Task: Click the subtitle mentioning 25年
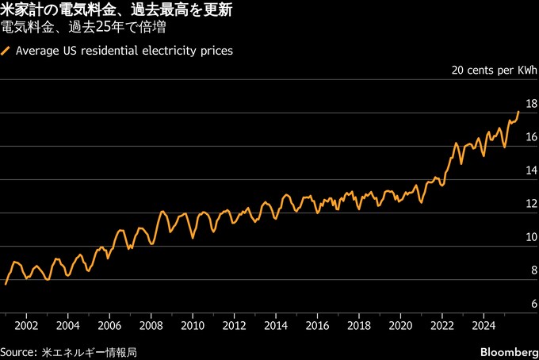[x=88, y=28]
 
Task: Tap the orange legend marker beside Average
[x=6, y=51]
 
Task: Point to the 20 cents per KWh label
[x=494, y=71]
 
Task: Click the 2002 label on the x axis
[x=26, y=325]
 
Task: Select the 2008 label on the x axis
[x=151, y=325]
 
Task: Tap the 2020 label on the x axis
[x=400, y=325]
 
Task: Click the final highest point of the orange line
[x=518, y=112]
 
